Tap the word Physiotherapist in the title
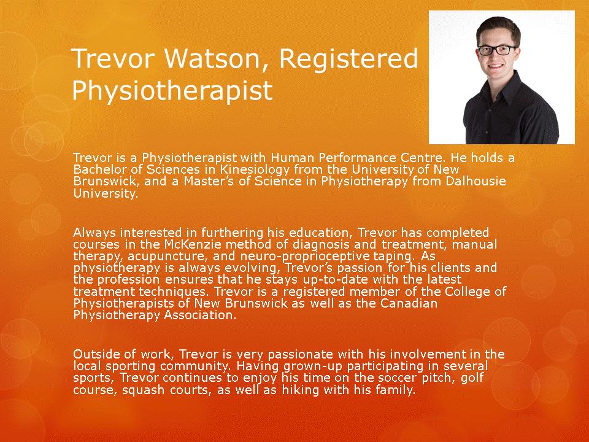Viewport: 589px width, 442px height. pyautogui.click(x=172, y=91)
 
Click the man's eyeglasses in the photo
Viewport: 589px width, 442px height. pyautogui.click(x=497, y=50)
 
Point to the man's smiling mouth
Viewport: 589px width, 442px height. pyautogui.click(x=496, y=66)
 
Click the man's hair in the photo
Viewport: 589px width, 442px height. pyautogui.click(x=498, y=29)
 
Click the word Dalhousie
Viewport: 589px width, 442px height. pyautogui.click(x=475, y=181)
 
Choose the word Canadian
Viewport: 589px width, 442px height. pyautogui.click(x=409, y=303)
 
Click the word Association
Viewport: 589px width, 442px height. pyautogui.click(x=200, y=315)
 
